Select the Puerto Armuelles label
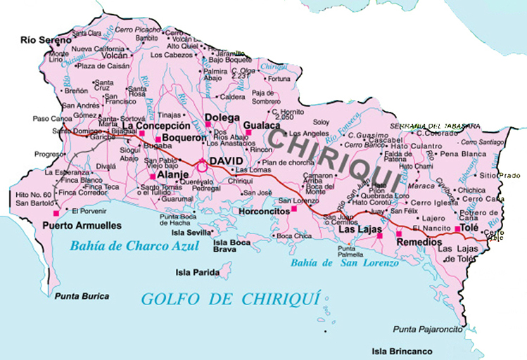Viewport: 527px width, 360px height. (x=82, y=226)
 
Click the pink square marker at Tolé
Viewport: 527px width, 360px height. (x=457, y=229)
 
